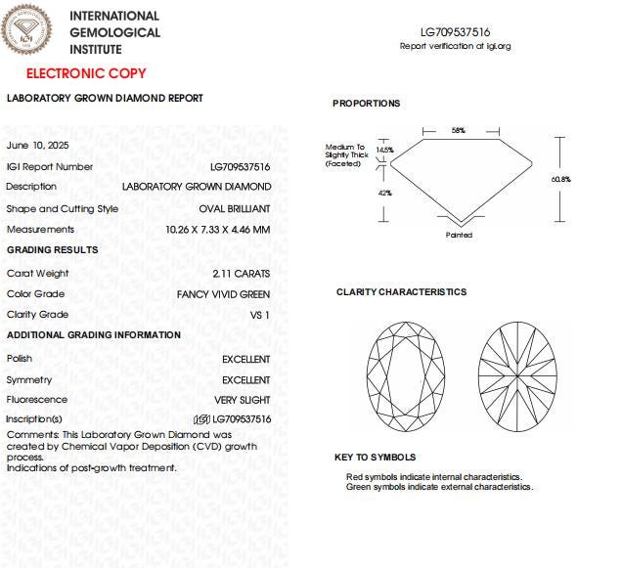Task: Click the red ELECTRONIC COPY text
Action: pos(86,73)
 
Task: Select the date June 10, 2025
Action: pos(37,145)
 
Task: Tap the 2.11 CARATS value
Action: pos(241,274)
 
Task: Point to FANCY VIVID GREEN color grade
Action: pos(223,294)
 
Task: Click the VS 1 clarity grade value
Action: pos(260,315)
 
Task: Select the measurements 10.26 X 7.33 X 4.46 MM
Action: pos(218,230)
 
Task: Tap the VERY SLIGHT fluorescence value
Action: pos(243,400)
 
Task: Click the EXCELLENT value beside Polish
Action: pos(245,359)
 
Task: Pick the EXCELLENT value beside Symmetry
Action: pos(245,379)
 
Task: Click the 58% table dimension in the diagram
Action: pos(458,130)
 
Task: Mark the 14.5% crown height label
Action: pos(384,151)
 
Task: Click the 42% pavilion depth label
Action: pos(384,193)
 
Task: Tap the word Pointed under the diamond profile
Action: pos(459,235)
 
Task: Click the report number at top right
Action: pos(455,32)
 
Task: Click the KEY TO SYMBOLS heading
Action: pos(375,457)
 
